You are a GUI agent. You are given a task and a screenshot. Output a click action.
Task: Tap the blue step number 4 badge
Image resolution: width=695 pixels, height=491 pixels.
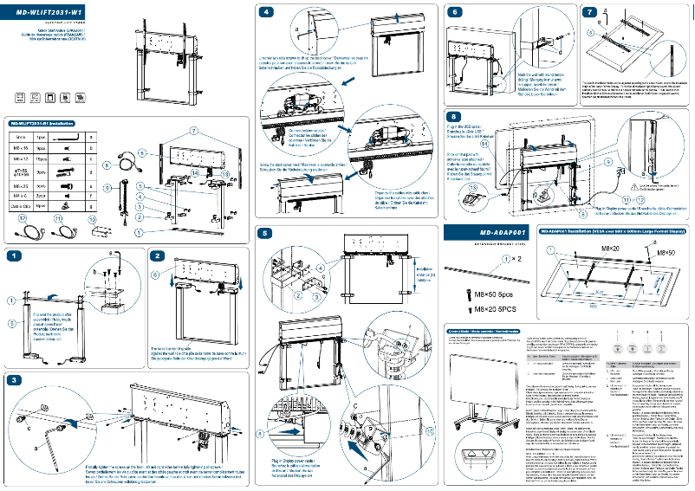coord(266,11)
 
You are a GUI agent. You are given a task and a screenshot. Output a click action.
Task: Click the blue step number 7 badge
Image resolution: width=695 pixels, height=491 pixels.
coord(590,11)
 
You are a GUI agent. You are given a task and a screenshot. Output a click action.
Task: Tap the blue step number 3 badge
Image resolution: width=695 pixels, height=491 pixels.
coord(15,380)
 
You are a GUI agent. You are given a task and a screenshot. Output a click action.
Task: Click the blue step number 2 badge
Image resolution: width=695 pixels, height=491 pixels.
coord(157,256)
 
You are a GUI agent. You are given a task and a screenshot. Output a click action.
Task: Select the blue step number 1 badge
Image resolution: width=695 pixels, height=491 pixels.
coord(15,256)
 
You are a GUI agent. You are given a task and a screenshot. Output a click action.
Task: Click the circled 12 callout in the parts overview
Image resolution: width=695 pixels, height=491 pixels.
coord(23,219)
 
